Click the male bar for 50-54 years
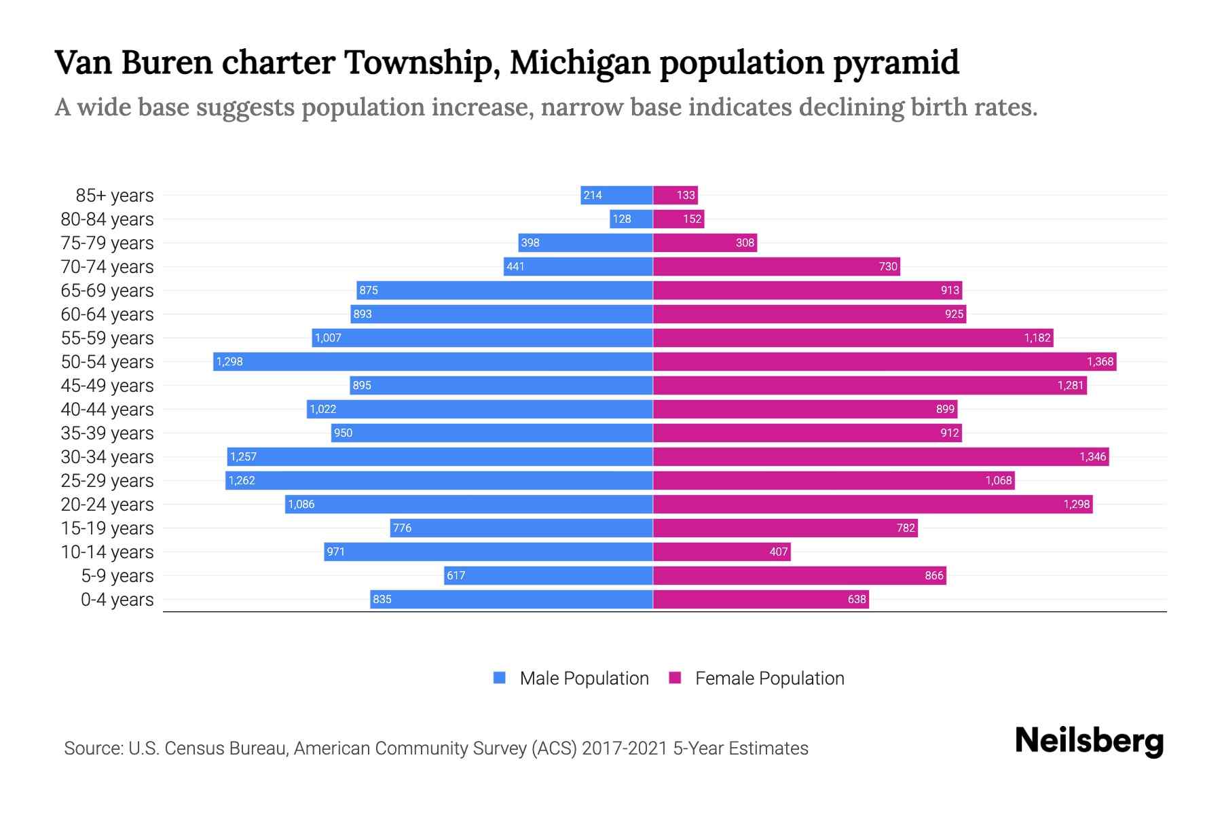pos(433,361)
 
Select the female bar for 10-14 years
pos(722,551)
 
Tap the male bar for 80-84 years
pos(631,219)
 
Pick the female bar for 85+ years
pos(675,195)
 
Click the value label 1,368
pos(1100,361)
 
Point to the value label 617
pos(456,575)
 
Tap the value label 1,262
pos(242,480)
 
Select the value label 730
pos(888,266)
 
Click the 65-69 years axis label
pos(107,291)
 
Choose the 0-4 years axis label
pos(117,600)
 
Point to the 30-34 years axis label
pos(107,457)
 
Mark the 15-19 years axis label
pos(107,528)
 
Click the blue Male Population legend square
pos(500,678)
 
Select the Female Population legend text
pos(769,678)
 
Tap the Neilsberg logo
pos(1089,741)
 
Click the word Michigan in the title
pos(580,62)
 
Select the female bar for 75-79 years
pos(705,242)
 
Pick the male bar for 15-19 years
pos(521,528)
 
